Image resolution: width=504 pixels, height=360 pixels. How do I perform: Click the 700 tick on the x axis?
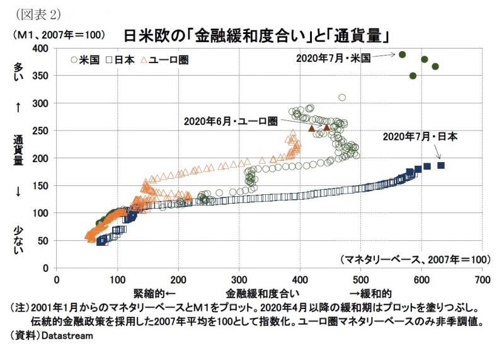[x=481, y=279]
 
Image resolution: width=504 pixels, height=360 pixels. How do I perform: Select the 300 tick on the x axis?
[x=239, y=279]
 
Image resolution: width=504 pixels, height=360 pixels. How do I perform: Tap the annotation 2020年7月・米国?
[x=332, y=58]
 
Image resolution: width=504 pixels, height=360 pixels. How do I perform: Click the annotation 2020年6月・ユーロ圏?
[x=231, y=120]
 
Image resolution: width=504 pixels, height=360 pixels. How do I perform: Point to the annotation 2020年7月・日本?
[x=420, y=136]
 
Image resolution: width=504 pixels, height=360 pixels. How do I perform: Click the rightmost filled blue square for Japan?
[x=441, y=165]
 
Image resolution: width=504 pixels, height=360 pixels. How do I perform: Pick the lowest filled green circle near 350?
[x=413, y=76]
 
